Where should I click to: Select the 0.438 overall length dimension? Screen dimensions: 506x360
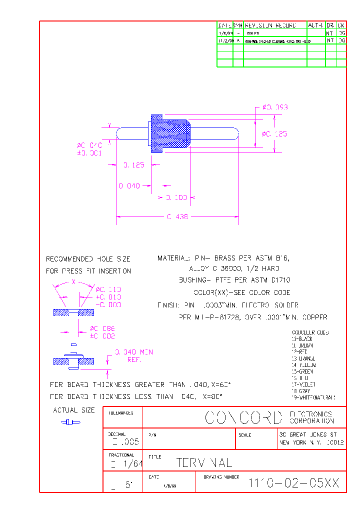177,217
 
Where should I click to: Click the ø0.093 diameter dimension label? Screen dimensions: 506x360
275,107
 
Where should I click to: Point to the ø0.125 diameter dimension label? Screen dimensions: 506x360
275,133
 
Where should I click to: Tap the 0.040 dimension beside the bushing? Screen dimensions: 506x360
129,185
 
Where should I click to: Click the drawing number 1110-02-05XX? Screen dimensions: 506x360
294,483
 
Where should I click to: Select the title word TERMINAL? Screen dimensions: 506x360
204,463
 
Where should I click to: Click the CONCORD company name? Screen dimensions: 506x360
244,418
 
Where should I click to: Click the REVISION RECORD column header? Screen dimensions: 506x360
270,25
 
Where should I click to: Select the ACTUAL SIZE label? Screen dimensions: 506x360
74,410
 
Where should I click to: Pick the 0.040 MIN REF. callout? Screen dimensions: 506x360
134,355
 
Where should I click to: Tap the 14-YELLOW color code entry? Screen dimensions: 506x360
303,365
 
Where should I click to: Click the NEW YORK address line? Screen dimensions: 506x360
311,443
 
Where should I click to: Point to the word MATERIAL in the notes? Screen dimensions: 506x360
173,258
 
